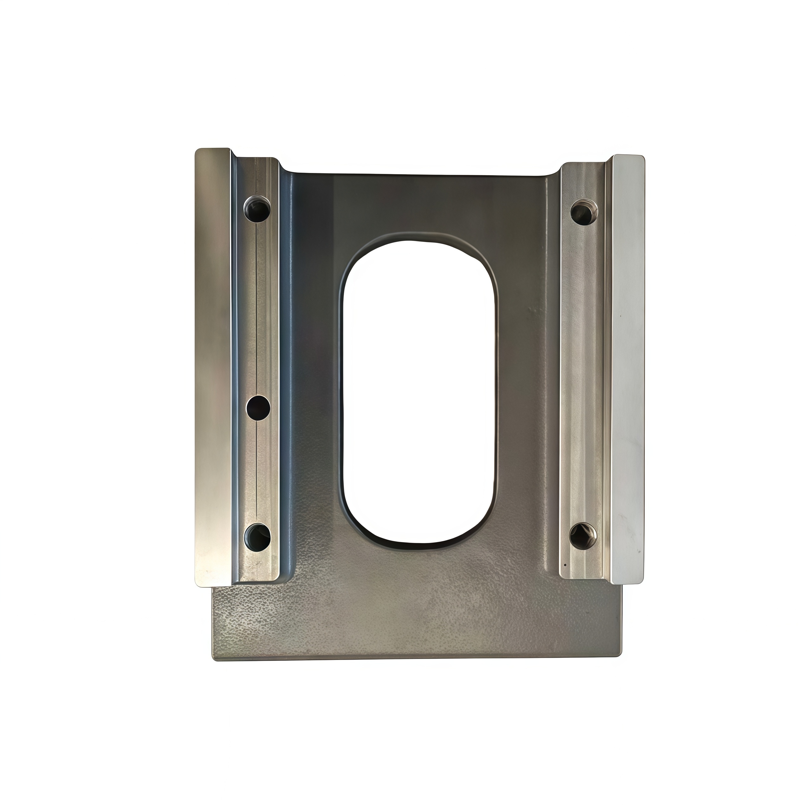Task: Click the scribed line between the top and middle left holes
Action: [256, 306]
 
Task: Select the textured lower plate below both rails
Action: [416, 621]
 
